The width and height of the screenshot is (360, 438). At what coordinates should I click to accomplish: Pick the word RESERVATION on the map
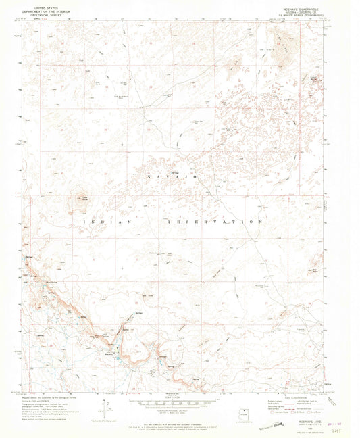click(x=213, y=222)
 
